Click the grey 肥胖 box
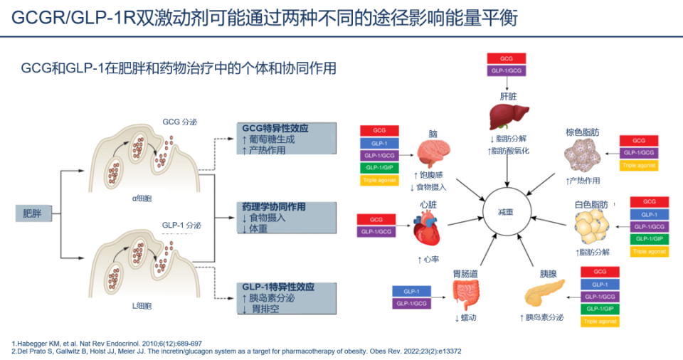pos(33,213)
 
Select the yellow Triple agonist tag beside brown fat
pos(639,165)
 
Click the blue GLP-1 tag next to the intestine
pos(411,292)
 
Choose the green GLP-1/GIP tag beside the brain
pos(379,168)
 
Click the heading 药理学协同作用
pos(274,207)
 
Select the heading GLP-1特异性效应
pos(278,287)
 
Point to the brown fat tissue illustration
pos(582,154)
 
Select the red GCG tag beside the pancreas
pos(600,272)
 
